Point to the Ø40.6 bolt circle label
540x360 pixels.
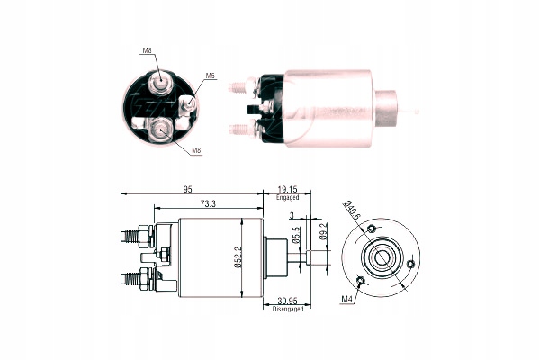click(352, 212)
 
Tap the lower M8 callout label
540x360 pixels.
click(196, 149)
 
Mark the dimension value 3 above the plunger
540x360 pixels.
click(292, 213)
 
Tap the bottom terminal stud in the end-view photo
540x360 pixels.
click(158, 130)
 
